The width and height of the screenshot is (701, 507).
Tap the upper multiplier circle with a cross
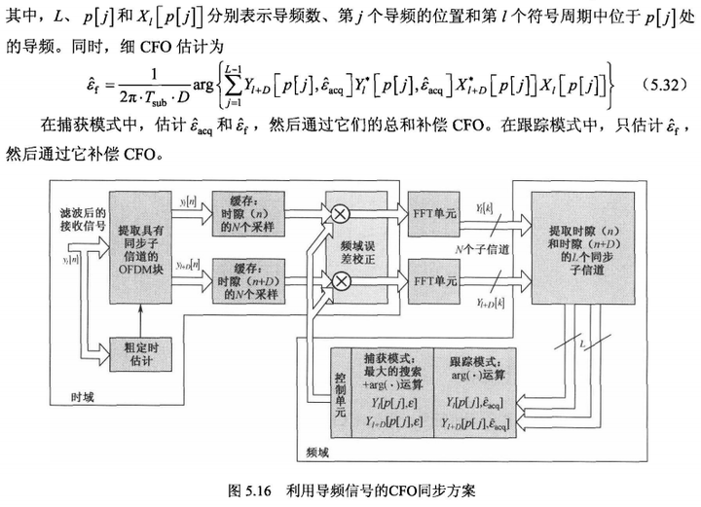[x=343, y=214]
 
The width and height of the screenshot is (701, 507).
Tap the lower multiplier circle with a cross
[x=343, y=281]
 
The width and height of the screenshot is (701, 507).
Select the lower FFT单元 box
[x=434, y=281]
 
